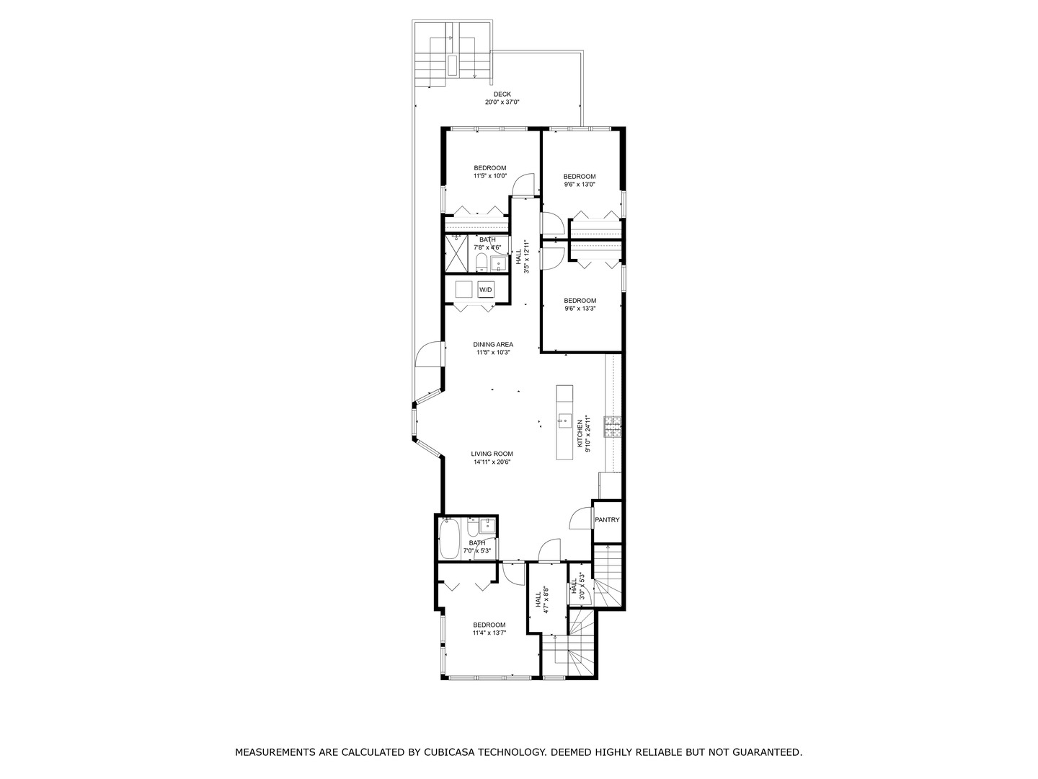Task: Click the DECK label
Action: click(x=502, y=94)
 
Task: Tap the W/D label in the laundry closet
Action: click(x=486, y=290)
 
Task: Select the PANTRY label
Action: click(x=607, y=520)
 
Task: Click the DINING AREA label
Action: click(x=493, y=345)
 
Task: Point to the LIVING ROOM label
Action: click(x=492, y=454)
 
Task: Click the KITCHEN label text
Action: click(x=579, y=435)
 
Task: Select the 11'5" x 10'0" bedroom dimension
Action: click(x=490, y=176)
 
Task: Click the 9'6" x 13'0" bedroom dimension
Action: click(x=580, y=185)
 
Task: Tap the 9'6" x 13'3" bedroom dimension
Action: click(x=580, y=309)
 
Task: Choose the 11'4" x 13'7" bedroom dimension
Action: click(x=489, y=633)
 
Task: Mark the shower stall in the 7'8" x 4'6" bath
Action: click(x=456, y=253)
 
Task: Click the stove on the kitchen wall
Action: click(x=613, y=427)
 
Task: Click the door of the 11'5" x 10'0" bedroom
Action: click(x=523, y=185)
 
